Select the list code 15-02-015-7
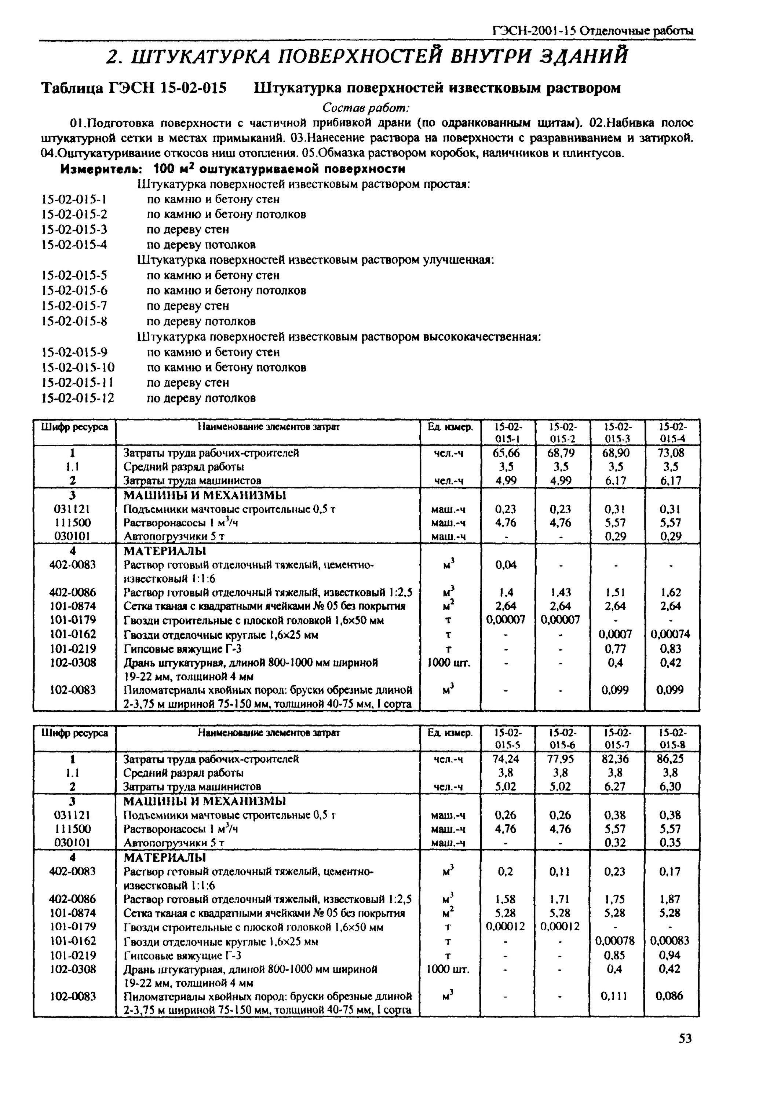tap(75, 306)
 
